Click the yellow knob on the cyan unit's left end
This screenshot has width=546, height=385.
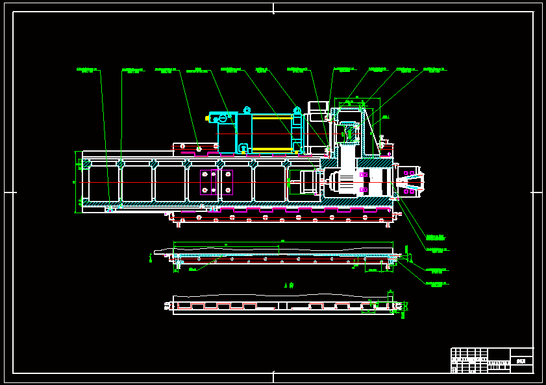click(207, 119)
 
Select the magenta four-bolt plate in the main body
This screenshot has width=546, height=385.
click(216, 182)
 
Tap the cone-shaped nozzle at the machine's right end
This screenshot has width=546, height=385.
click(410, 182)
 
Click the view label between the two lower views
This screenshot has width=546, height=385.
click(290, 285)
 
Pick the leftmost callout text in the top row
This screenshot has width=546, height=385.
click(87, 70)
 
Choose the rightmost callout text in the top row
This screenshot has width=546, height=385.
click(434, 70)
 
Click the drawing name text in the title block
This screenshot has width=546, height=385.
click(521, 361)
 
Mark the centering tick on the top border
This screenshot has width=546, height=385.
click(273, 8)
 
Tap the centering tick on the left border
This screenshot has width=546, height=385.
click(9, 192)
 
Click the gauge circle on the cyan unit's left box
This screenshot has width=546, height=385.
click(223, 119)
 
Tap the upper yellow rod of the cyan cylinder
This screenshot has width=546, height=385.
click(272, 118)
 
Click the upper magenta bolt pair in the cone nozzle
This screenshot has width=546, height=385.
click(408, 173)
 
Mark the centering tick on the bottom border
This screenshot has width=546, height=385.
click(273, 377)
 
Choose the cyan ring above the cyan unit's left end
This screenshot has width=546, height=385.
click(247, 110)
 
